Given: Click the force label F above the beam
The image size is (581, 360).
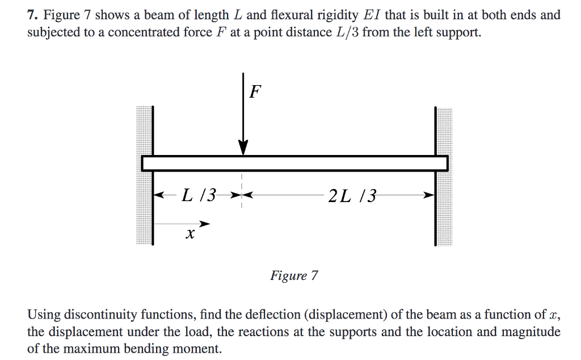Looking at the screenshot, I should [256, 91].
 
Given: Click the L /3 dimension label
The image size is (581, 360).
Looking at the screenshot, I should [199, 196].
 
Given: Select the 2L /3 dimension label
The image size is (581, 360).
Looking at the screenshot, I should [352, 196].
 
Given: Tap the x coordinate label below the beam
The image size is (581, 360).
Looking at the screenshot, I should [190, 233].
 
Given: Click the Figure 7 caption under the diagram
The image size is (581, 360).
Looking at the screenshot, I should [294, 276].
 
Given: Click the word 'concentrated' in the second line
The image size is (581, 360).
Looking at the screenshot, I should [134, 32].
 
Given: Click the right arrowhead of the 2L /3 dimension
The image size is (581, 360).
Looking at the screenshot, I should [430, 195].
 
